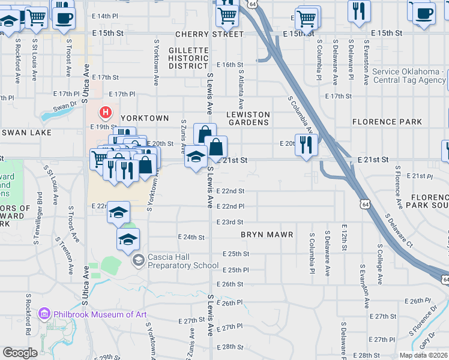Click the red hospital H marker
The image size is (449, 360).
[106, 112]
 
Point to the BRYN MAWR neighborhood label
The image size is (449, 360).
[267, 235]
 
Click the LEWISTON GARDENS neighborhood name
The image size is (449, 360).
[249, 118]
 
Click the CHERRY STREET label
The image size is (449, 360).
[202, 35]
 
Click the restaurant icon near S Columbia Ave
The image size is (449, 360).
[306, 145]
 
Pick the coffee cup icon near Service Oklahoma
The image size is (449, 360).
[424, 13]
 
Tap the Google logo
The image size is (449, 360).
[20, 353]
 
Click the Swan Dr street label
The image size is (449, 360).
[65, 108]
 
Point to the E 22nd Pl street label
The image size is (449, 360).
[230, 206]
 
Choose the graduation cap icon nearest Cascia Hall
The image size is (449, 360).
[127, 240]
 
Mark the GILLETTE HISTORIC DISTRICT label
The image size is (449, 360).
[188, 58]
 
